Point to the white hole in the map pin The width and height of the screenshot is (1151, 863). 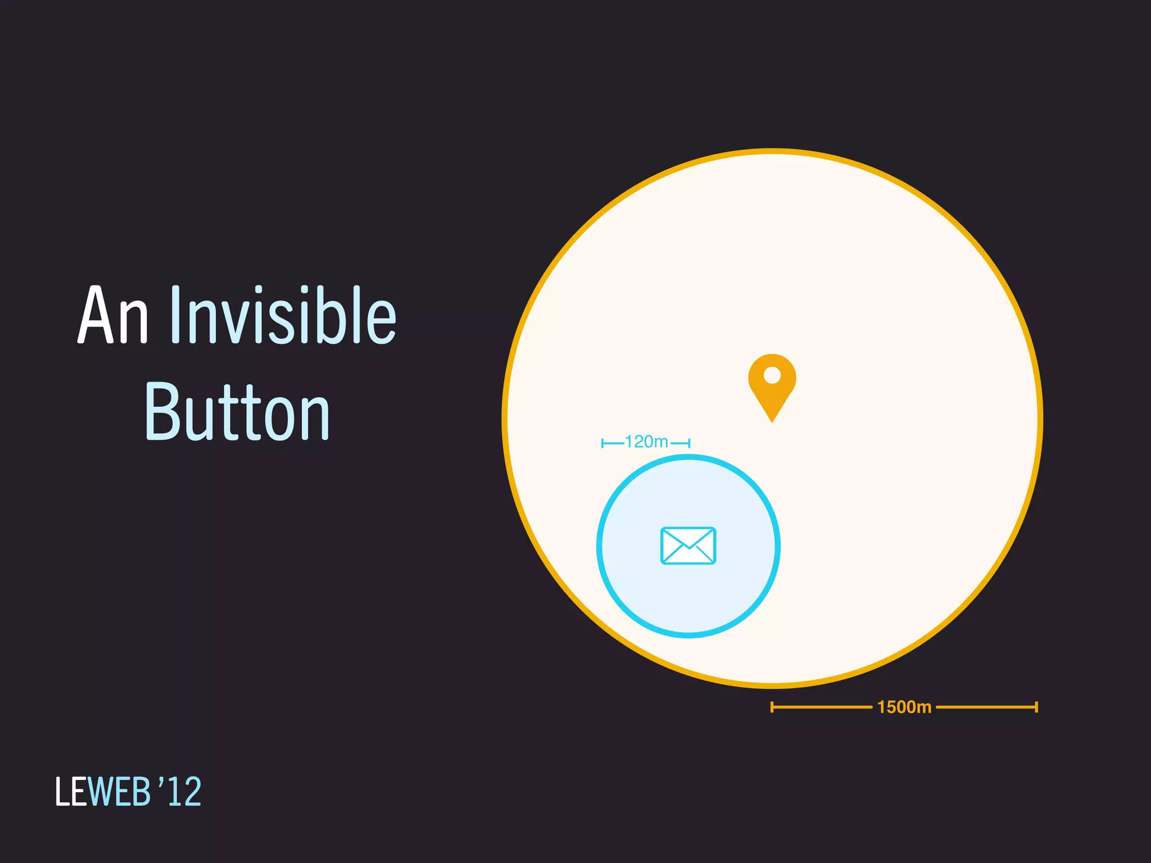pos(772,375)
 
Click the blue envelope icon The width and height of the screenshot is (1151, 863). pos(688,546)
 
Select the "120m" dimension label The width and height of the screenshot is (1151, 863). pos(646,442)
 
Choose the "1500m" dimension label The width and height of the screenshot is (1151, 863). pos(904,707)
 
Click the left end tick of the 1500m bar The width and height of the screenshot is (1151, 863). pos(772,707)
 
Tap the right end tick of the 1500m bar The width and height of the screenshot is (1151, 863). pos(1036,707)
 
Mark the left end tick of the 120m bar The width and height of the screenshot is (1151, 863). pos(602,443)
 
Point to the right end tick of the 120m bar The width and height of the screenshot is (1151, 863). pos(689,443)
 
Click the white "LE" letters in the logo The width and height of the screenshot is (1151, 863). pos(71,792)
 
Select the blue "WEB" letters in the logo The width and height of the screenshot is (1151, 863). pos(119,792)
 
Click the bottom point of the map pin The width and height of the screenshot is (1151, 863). pos(772,420)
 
